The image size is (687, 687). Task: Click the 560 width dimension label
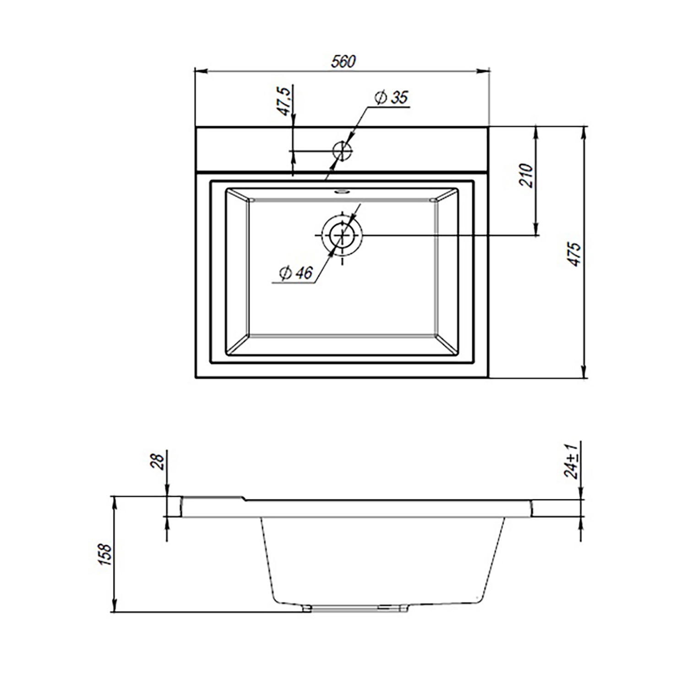pyautogui.click(x=343, y=61)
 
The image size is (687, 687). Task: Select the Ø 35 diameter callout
pyautogui.click(x=390, y=98)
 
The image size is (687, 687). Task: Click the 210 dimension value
pyautogui.click(x=526, y=175)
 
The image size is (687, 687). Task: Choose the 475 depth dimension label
pyautogui.click(x=575, y=253)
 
